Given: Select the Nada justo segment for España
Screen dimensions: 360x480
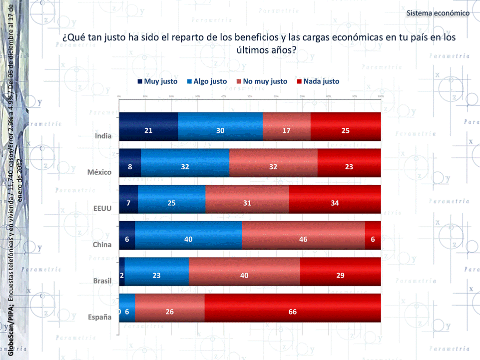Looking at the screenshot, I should pyautogui.click(x=292, y=312).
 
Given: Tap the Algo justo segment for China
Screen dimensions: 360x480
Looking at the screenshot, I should pyautogui.click(x=188, y=239).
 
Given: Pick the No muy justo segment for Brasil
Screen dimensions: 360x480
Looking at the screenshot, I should pyautogui.click(x=244, y=275).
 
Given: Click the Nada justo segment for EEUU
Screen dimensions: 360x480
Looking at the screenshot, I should pyautogui.click(x=335, y=203).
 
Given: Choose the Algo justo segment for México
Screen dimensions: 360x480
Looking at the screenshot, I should pyautogui.click(x=185, y=167).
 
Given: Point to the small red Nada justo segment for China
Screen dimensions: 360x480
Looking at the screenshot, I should pyautogui.click(x=373, y=239).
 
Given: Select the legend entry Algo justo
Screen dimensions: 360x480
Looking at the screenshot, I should pyautogui.click(x=206, y=81).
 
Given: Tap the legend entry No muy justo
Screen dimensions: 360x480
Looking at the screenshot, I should pyautogui.click(x=261, y=81).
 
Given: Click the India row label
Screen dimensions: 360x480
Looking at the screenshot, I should pyautogui.click(x=103, y=136).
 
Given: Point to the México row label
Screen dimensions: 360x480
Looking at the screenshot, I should pyautogui.click(x=99, y=172).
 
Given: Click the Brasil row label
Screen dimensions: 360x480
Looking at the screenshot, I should pyautogui.click(x=102, y=281).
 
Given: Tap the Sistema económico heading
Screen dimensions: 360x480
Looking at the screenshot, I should pyautogui.click(x=438, y=12).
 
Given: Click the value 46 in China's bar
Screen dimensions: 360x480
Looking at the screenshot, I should pyautogui.click(x=303, y=239).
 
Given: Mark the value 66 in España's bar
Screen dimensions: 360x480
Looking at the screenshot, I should pyautogui.click(x=292, y=312).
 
